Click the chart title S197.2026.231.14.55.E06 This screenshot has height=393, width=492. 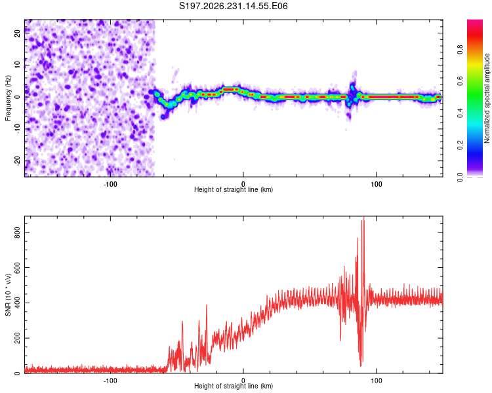pos(233,6)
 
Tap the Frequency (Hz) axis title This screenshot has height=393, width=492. pos(8,98)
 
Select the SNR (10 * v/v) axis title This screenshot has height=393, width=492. pos(8,295)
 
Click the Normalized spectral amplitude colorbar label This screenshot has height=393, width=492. pos(487,98)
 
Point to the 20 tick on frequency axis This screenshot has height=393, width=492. pos(17,33)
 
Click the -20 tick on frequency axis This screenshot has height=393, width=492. pos(17,160)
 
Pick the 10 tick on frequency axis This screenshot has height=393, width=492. pos(17,65)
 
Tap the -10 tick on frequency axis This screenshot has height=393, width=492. pos(17,129)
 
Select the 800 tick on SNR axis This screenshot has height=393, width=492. pos(17,233)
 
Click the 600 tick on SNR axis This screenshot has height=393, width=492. pos(17,268)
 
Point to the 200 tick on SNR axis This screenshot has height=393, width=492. pos(17,338)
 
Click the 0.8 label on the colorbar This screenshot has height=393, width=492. pos(460,50)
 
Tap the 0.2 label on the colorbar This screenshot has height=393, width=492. pos(460,145)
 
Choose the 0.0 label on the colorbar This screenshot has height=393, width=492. pos(460,178)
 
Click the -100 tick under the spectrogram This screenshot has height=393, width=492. pos(110,184)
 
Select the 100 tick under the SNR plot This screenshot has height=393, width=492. pos(377,381)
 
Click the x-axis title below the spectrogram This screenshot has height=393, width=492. pos(234,189)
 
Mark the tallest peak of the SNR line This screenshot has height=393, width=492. pos(364,217)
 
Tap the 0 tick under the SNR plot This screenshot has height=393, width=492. pos(243,381)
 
